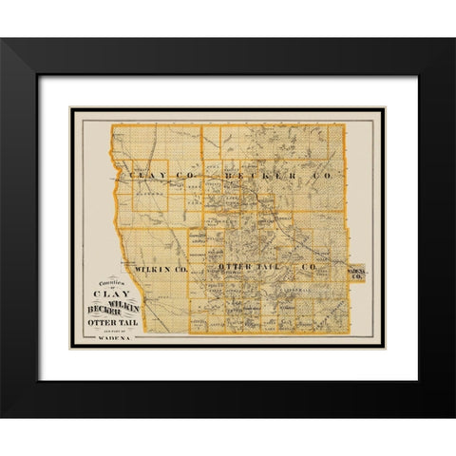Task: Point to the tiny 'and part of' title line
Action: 115,334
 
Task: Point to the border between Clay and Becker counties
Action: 201,180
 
